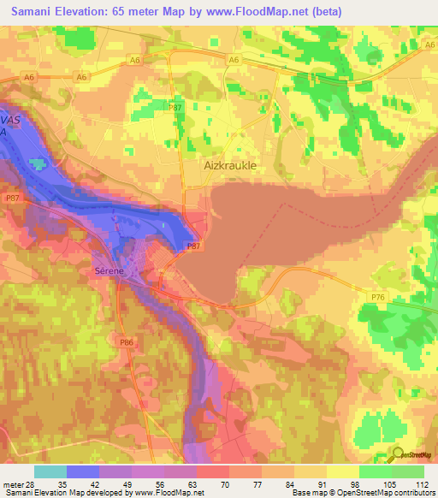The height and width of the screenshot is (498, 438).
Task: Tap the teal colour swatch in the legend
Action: pos(50,471)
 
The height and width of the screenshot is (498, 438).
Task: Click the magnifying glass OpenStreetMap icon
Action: pos(396,454)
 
